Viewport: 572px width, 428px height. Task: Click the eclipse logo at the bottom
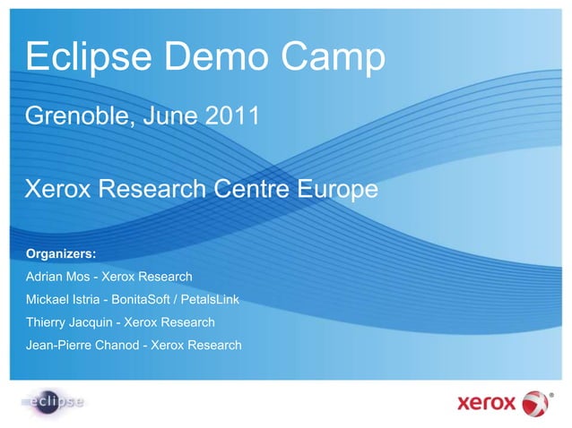point(53,402)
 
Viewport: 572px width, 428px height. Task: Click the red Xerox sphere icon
point(535,402)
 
